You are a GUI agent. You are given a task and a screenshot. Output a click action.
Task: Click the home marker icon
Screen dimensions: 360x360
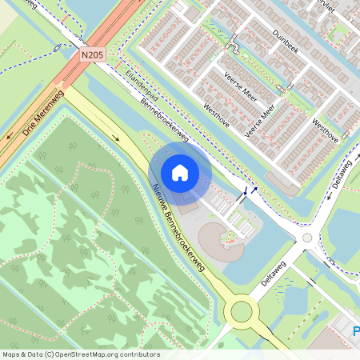point(180,172)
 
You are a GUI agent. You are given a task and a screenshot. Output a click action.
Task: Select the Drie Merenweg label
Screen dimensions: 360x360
point(43,113)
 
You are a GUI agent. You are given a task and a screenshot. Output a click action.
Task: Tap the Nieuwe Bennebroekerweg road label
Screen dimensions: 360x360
point(179,223)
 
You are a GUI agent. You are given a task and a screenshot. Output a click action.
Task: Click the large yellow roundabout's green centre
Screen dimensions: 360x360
point(239,310)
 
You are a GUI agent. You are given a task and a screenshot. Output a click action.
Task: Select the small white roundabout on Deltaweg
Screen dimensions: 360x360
point(306,238)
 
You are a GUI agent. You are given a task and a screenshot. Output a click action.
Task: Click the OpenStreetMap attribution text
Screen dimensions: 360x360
point(81,354)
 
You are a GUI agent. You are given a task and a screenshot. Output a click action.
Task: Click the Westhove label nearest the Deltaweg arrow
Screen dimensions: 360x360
point(324,131)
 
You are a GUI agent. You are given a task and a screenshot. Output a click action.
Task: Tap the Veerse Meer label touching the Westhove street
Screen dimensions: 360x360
point(262,118)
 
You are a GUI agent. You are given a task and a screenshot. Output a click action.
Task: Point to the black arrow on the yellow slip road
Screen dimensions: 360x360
point(117,138)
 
